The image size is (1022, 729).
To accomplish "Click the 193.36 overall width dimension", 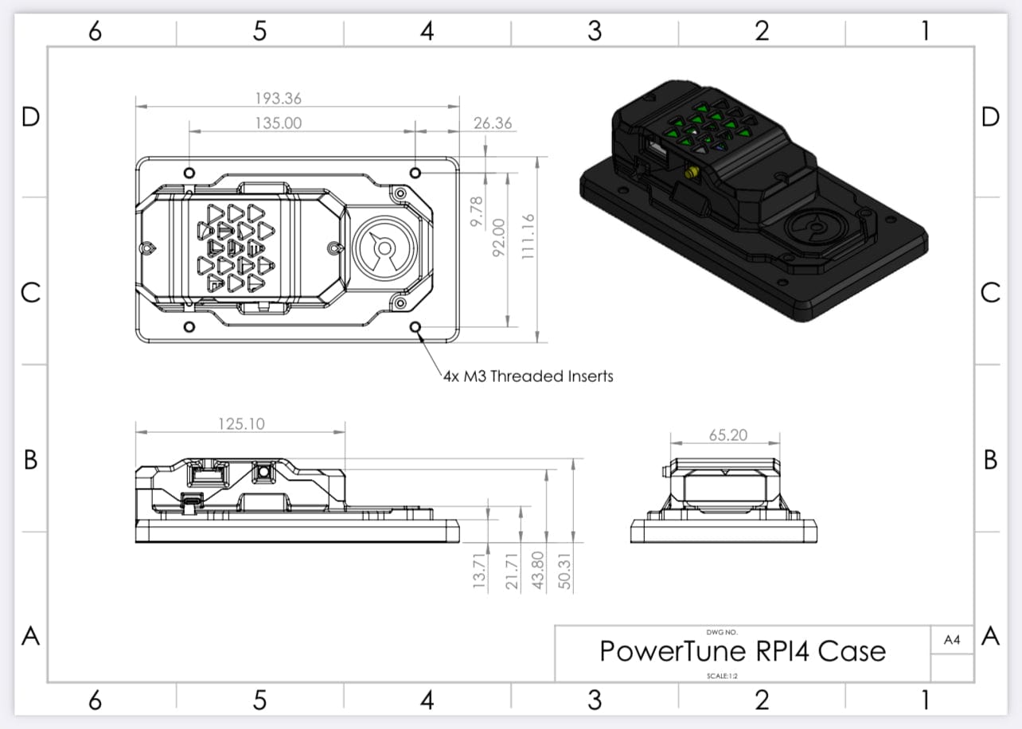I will click(279, 99).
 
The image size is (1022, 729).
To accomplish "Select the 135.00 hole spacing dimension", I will click(279, 123).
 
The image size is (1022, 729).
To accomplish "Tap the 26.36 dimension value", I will click(493, 123).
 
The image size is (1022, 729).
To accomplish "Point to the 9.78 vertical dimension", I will click(477, 213).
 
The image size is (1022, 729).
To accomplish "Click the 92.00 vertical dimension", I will click(499, 236).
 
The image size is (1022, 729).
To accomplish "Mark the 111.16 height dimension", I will click(525, 236).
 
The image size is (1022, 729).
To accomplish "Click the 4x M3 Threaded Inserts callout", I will click(528, 376).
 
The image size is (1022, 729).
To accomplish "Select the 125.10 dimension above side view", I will click(241, 423).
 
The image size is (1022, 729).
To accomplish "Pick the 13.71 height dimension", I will click(478, 571).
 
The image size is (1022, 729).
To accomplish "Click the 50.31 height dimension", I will click(565, 571).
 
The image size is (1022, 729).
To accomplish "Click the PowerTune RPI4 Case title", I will click(742, 651).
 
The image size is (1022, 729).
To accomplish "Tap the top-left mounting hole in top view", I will click(189, 173).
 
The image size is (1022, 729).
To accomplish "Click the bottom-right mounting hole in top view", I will click(415, 326).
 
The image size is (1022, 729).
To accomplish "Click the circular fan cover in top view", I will click(383, 248).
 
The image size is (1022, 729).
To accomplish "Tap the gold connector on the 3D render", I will click(689, 172).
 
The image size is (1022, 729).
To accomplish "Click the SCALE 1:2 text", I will click(722, 676).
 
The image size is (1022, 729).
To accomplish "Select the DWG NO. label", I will click(722, 632).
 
